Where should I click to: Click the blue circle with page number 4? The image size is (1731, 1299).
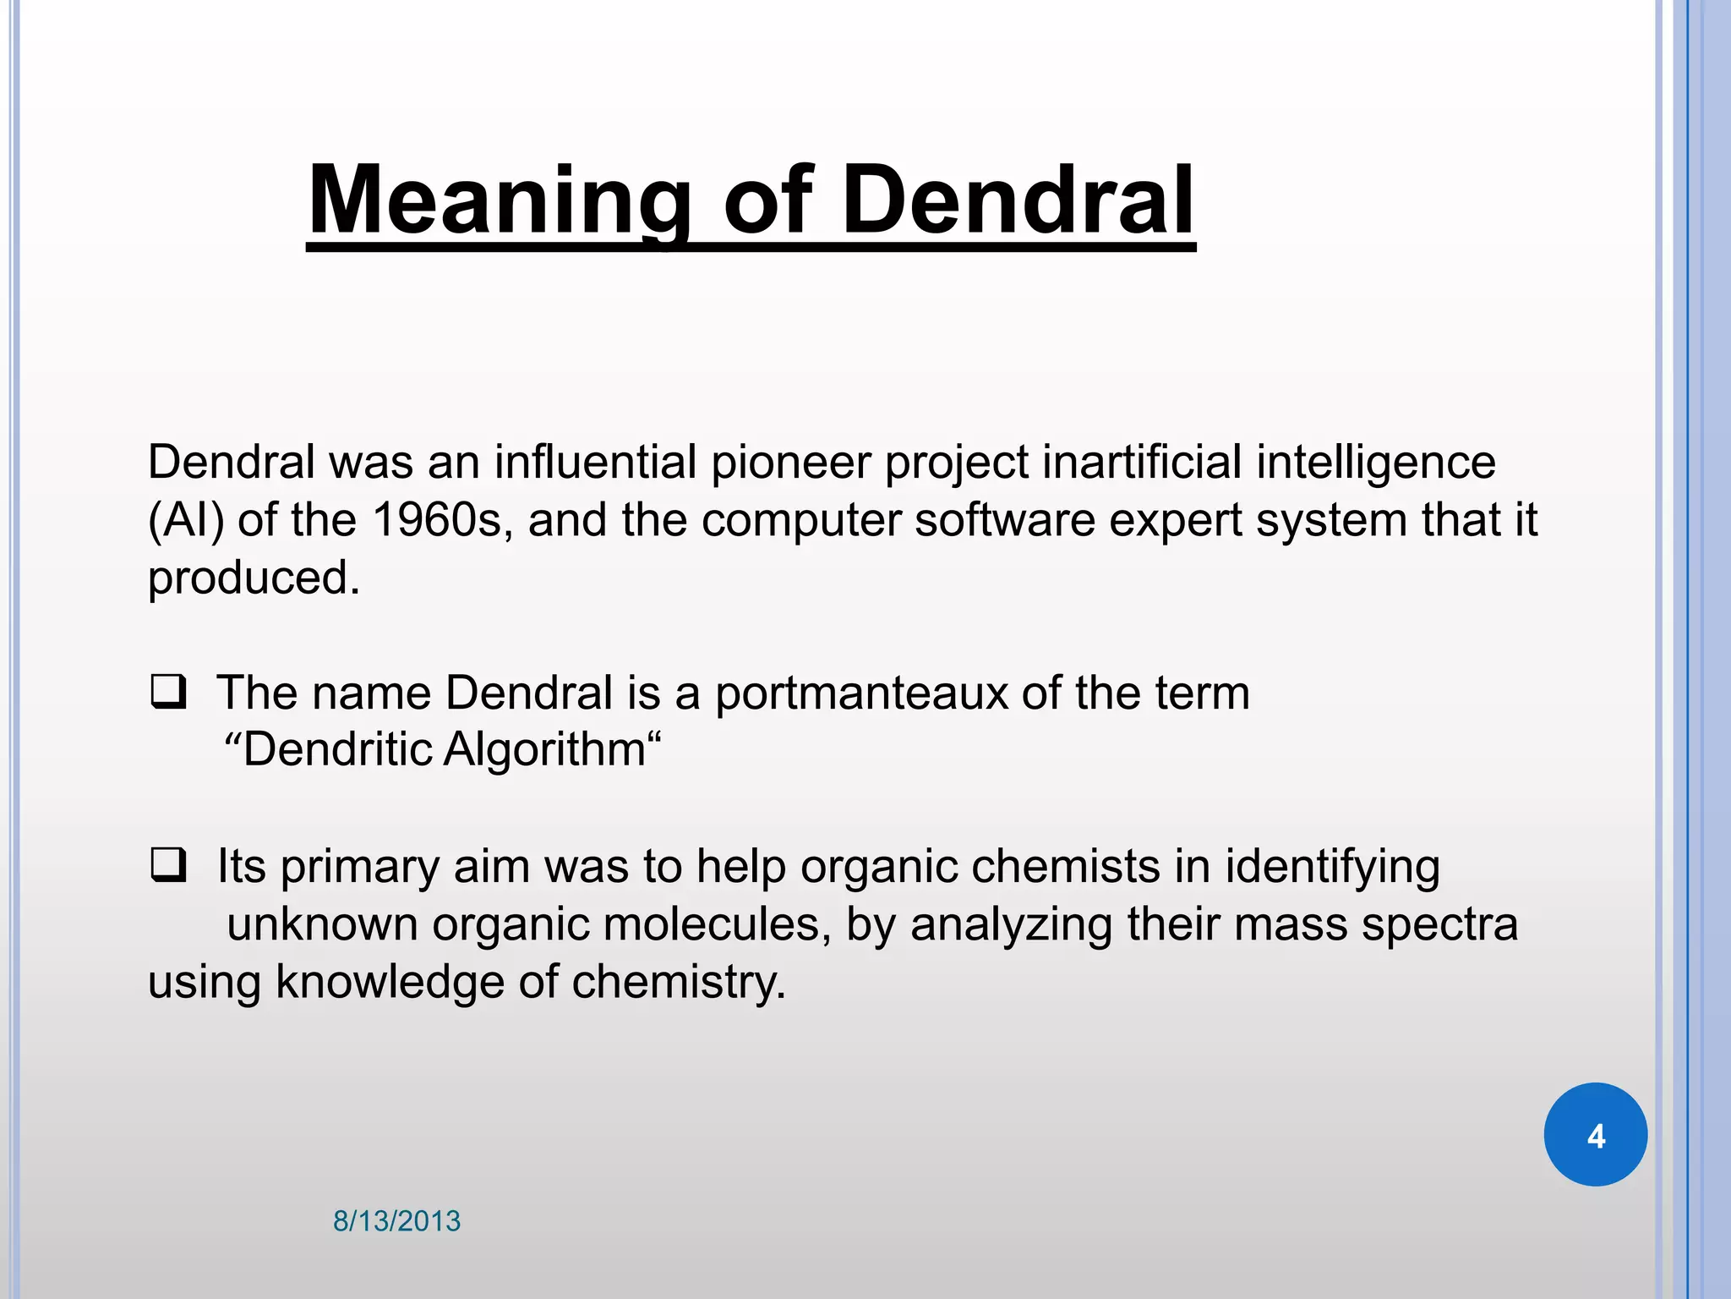(1595, 1135)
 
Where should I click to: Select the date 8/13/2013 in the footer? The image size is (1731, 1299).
(396, 1221)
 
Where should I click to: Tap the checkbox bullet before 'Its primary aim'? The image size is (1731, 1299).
(168, 866)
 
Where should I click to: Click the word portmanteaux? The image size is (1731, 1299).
(861, 693)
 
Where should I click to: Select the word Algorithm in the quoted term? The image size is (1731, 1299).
(545, 749)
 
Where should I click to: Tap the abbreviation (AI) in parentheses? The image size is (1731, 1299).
(186, 519)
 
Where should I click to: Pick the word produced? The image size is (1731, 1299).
(254, 578)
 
